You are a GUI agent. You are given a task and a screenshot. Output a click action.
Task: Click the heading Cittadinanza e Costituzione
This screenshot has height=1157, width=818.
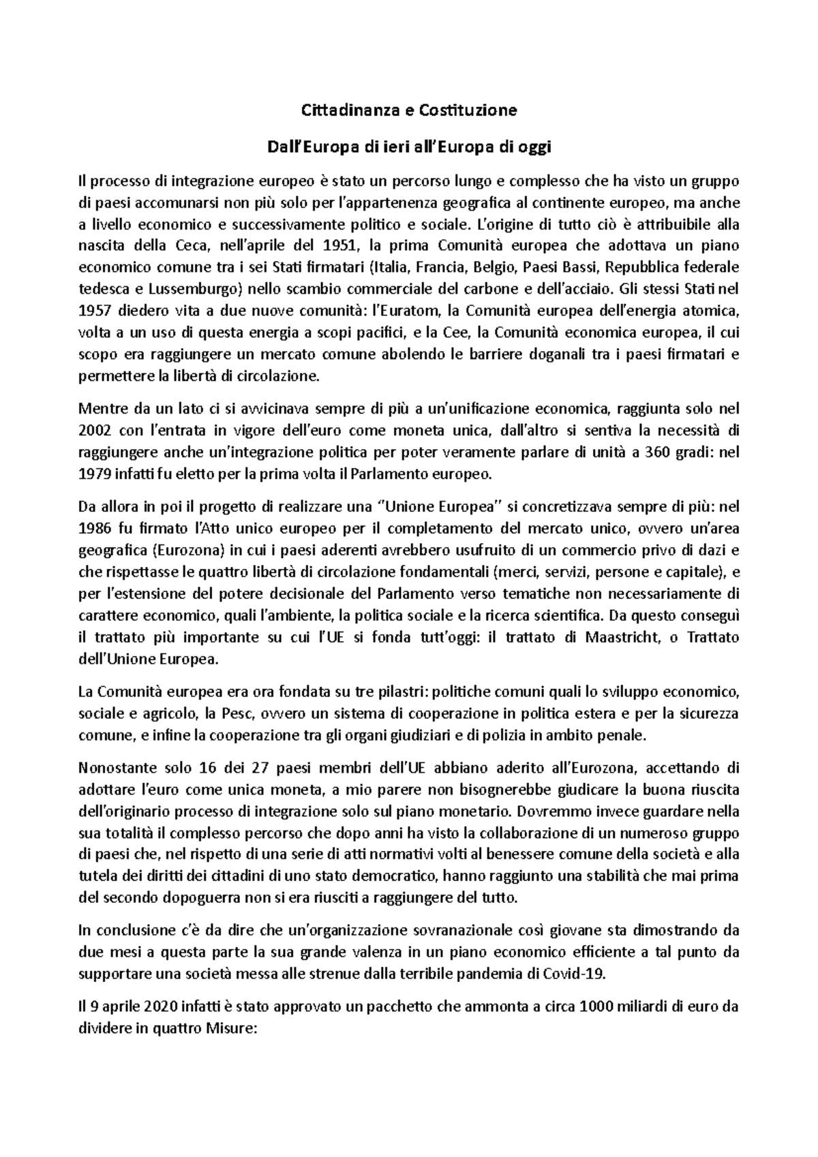click(x=409, y=110)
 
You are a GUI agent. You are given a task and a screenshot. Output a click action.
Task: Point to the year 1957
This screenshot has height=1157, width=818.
click(x=95, y=311)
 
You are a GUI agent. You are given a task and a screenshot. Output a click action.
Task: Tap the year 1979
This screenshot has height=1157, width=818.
click(x=95, y=474)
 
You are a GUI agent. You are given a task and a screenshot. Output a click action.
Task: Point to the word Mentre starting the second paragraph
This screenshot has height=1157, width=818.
click(x=102, y=409)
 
